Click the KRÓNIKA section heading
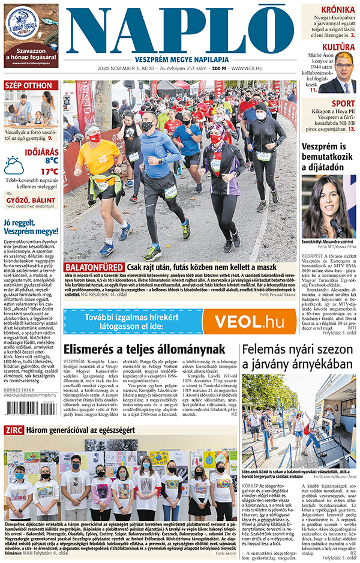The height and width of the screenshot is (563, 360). [x=337, y=10]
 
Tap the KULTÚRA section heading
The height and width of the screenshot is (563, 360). [x=338, y=47]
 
